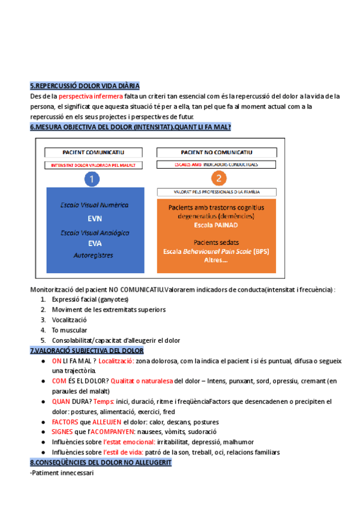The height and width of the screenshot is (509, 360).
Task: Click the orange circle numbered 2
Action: click(x=218, y=178)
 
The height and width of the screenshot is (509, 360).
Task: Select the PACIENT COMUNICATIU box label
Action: click(x=94, y=152)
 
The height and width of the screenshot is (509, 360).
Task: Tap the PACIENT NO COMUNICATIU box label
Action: click(x=217, y=152)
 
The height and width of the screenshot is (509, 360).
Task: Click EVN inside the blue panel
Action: click(x=95, y=218)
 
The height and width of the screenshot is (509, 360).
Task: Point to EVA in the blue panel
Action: click(x=95, y=243)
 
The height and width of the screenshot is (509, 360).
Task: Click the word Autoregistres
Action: click(x=94, y=255)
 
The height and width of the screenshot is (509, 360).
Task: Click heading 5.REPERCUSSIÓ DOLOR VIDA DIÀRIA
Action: click(x=85, y=86)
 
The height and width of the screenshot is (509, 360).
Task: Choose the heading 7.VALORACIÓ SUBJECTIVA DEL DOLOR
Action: click(x=86, y=350)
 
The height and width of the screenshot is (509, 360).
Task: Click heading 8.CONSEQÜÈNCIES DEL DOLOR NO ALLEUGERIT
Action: click(x=100, y=463)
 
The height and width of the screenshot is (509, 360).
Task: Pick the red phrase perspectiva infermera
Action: click(x=91, y=96)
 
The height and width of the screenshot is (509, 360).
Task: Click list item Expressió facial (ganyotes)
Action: click(x=90, y=299)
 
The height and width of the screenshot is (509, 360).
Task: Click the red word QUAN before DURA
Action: click(x=61, y=402)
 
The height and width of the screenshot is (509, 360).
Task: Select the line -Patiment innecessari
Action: click(x=61, y=473)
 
